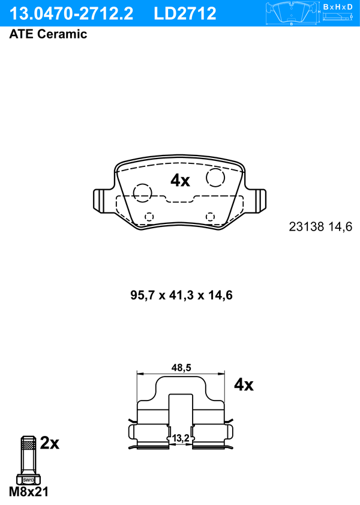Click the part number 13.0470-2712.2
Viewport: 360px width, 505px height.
pos(71,14)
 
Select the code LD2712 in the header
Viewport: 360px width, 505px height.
pos(185,14)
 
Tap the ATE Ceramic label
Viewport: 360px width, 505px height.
pos(48,34)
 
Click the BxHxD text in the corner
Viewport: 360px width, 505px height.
pos(338,7)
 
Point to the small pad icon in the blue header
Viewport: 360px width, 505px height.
pos(292,13)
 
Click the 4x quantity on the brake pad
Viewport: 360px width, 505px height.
pos(180,180)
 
